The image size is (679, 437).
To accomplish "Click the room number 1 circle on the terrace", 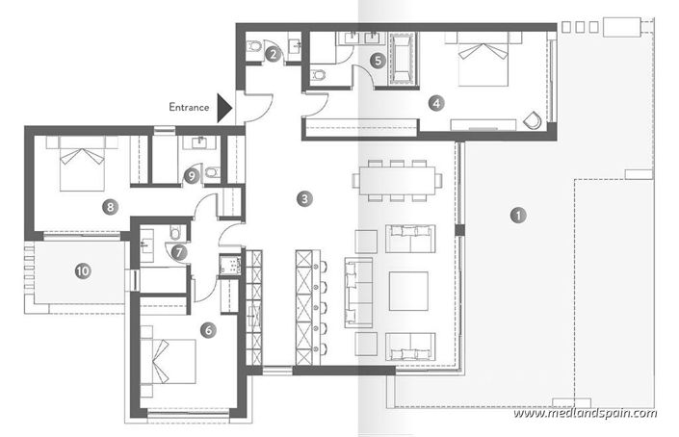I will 518,215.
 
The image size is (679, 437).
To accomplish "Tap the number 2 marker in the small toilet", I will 274,55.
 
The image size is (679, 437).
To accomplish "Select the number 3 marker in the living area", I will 304,199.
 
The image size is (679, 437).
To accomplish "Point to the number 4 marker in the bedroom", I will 436,101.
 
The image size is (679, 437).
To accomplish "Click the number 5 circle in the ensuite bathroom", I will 379,60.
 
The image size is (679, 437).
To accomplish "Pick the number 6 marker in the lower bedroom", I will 208,329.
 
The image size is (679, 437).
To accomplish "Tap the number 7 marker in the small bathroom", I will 179,251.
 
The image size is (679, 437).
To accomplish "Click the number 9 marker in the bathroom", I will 192,175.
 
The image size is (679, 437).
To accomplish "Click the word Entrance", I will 189,108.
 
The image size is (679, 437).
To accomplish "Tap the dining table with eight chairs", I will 397,180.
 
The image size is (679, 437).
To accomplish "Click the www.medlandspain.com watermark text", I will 586,413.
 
